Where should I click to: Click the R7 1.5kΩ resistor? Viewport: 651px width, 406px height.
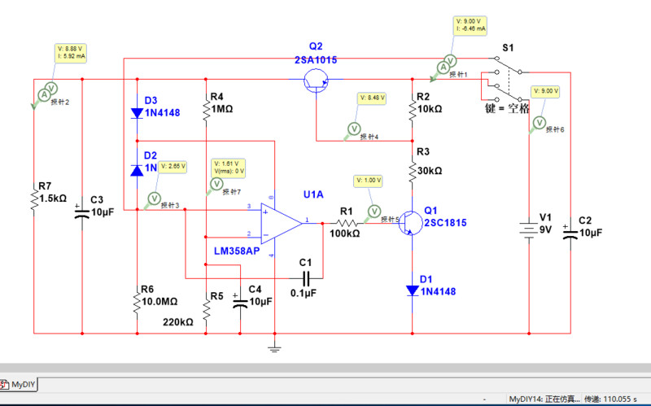click(x=35, y=199)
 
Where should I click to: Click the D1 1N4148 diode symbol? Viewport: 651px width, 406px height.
click(x=413, y=289)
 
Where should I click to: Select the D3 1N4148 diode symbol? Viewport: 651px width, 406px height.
click(x=137, y=113)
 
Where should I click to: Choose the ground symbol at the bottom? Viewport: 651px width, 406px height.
click(x=275, y=347)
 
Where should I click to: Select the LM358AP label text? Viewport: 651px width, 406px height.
click(x=237, y=251)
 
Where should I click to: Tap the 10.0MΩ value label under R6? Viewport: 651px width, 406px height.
click(x=157, y=300)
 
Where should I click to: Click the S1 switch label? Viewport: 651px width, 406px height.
click(x=508, y=49)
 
